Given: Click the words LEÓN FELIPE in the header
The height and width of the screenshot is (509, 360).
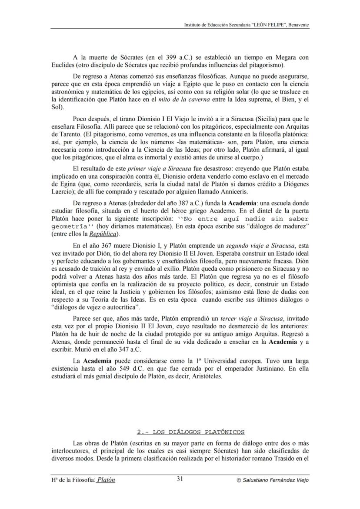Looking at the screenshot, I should coord(263,25).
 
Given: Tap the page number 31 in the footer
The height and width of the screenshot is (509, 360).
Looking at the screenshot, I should coord(180,479).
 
